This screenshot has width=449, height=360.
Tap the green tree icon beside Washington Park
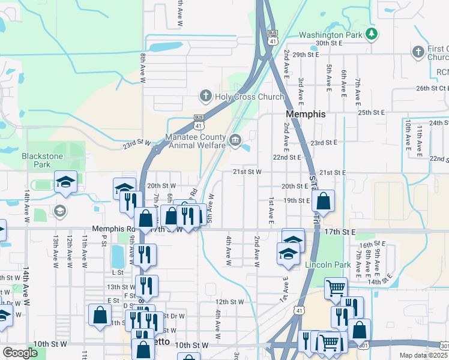pos(372,34)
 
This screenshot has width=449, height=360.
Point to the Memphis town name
pos(306,114)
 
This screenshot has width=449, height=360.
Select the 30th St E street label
pos(329,43)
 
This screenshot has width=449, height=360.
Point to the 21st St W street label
pos(247,172)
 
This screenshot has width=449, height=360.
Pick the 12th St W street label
pos(229,302)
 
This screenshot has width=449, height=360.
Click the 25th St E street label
pos(371,112)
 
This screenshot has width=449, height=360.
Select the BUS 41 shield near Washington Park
pos(273,37)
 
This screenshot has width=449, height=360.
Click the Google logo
pos(20,353)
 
